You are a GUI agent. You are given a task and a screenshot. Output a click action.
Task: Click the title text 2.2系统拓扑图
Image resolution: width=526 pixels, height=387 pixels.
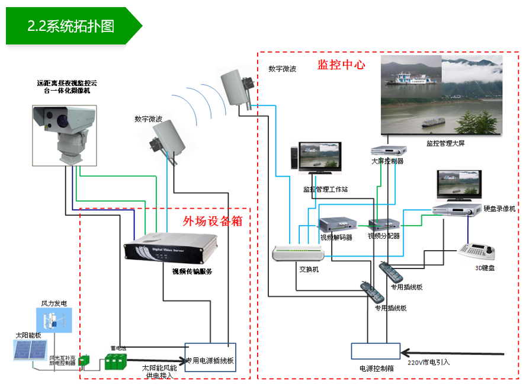click(x=71, y=26)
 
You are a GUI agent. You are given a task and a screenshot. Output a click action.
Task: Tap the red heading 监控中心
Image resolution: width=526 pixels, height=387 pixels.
click(x=341, y=65)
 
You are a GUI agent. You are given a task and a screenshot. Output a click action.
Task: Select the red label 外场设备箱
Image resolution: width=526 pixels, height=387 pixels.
click(x=213, y=221)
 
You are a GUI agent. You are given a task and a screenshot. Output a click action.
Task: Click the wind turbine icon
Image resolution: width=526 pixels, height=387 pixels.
click(x=53, y=320)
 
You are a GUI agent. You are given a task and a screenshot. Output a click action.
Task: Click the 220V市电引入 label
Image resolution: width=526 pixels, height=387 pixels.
click(x=429, y=361)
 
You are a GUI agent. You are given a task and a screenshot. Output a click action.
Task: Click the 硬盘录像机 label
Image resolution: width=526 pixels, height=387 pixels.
click(x=499, y=209)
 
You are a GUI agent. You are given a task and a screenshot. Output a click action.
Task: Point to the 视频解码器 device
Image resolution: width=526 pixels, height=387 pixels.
click(x=336, y=225)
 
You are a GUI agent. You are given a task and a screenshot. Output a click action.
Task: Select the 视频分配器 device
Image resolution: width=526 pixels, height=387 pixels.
click(x=383, y=225)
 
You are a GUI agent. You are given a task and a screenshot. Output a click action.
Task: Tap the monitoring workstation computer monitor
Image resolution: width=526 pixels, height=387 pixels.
click(x=320, y=158)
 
